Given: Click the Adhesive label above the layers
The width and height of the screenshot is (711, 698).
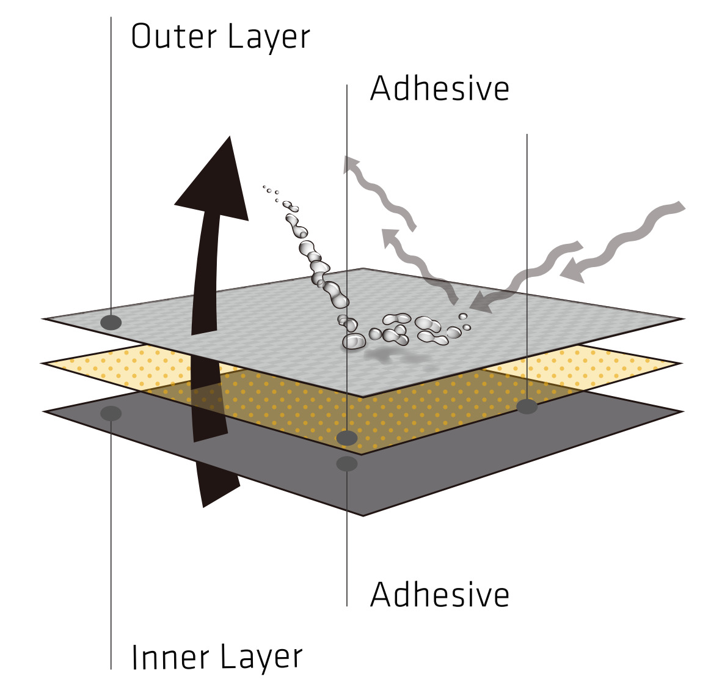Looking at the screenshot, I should point(439,89).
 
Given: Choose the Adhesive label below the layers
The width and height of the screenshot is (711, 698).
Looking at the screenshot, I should point(439,594).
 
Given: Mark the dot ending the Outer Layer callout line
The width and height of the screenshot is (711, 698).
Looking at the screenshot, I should point(111,322).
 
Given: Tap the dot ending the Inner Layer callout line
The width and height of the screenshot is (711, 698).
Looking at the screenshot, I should point(111,413).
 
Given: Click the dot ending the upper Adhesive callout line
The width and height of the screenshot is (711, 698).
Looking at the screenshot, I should point(347,438).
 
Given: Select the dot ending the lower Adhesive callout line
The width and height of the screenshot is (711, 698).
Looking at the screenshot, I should point(347,464).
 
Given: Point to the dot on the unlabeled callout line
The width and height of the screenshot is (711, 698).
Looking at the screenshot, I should point(527,406).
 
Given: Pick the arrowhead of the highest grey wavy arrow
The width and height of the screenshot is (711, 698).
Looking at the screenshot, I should point(353,164).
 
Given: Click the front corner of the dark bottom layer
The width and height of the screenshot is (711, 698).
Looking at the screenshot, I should point(363,515).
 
